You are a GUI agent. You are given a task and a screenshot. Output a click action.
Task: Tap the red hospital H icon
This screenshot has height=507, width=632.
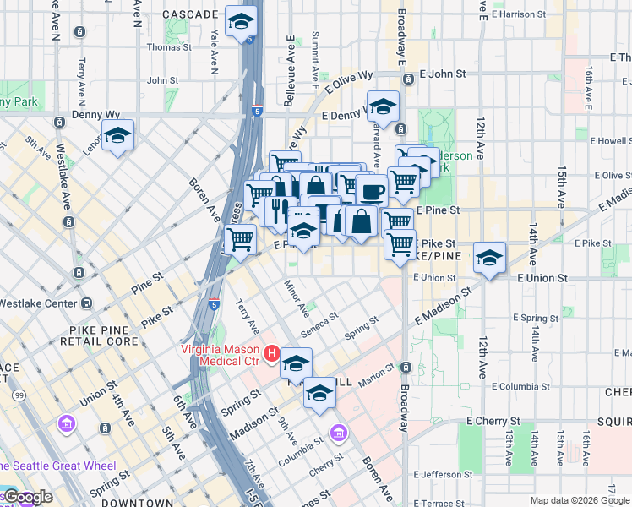(x=272, y=353)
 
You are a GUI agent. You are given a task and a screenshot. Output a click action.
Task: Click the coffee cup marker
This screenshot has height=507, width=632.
(x=372, y=190)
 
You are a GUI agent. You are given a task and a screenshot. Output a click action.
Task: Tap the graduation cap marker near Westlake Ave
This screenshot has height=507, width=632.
(x=117, y=135)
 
